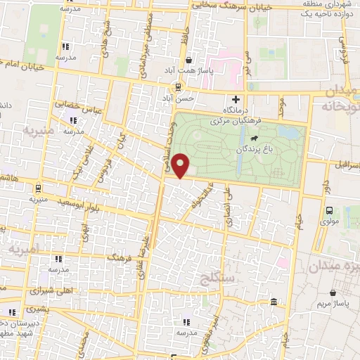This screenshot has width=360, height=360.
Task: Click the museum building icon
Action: (274, 302)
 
